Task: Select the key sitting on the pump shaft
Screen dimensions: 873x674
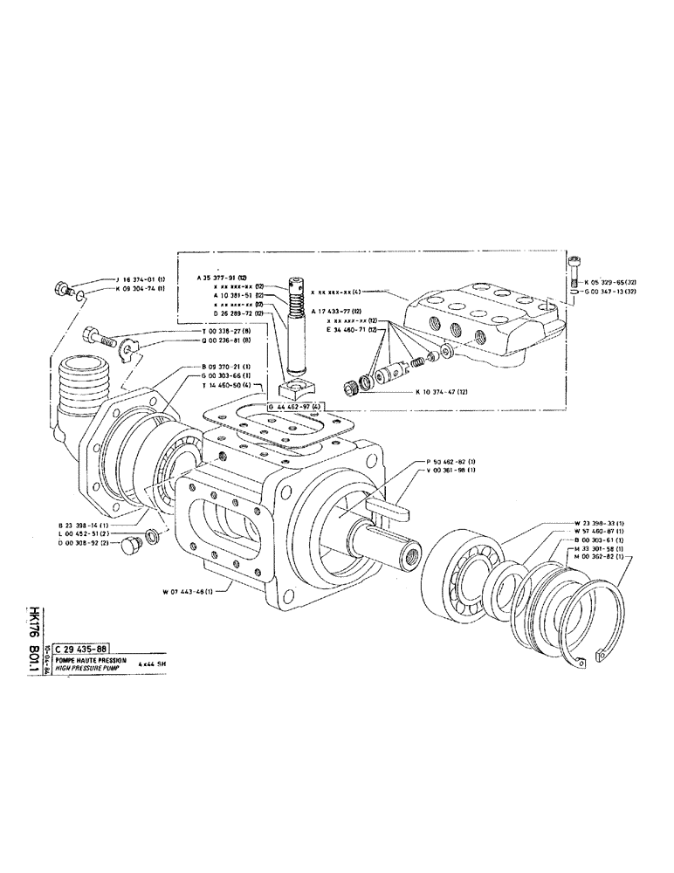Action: coord(384,504)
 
